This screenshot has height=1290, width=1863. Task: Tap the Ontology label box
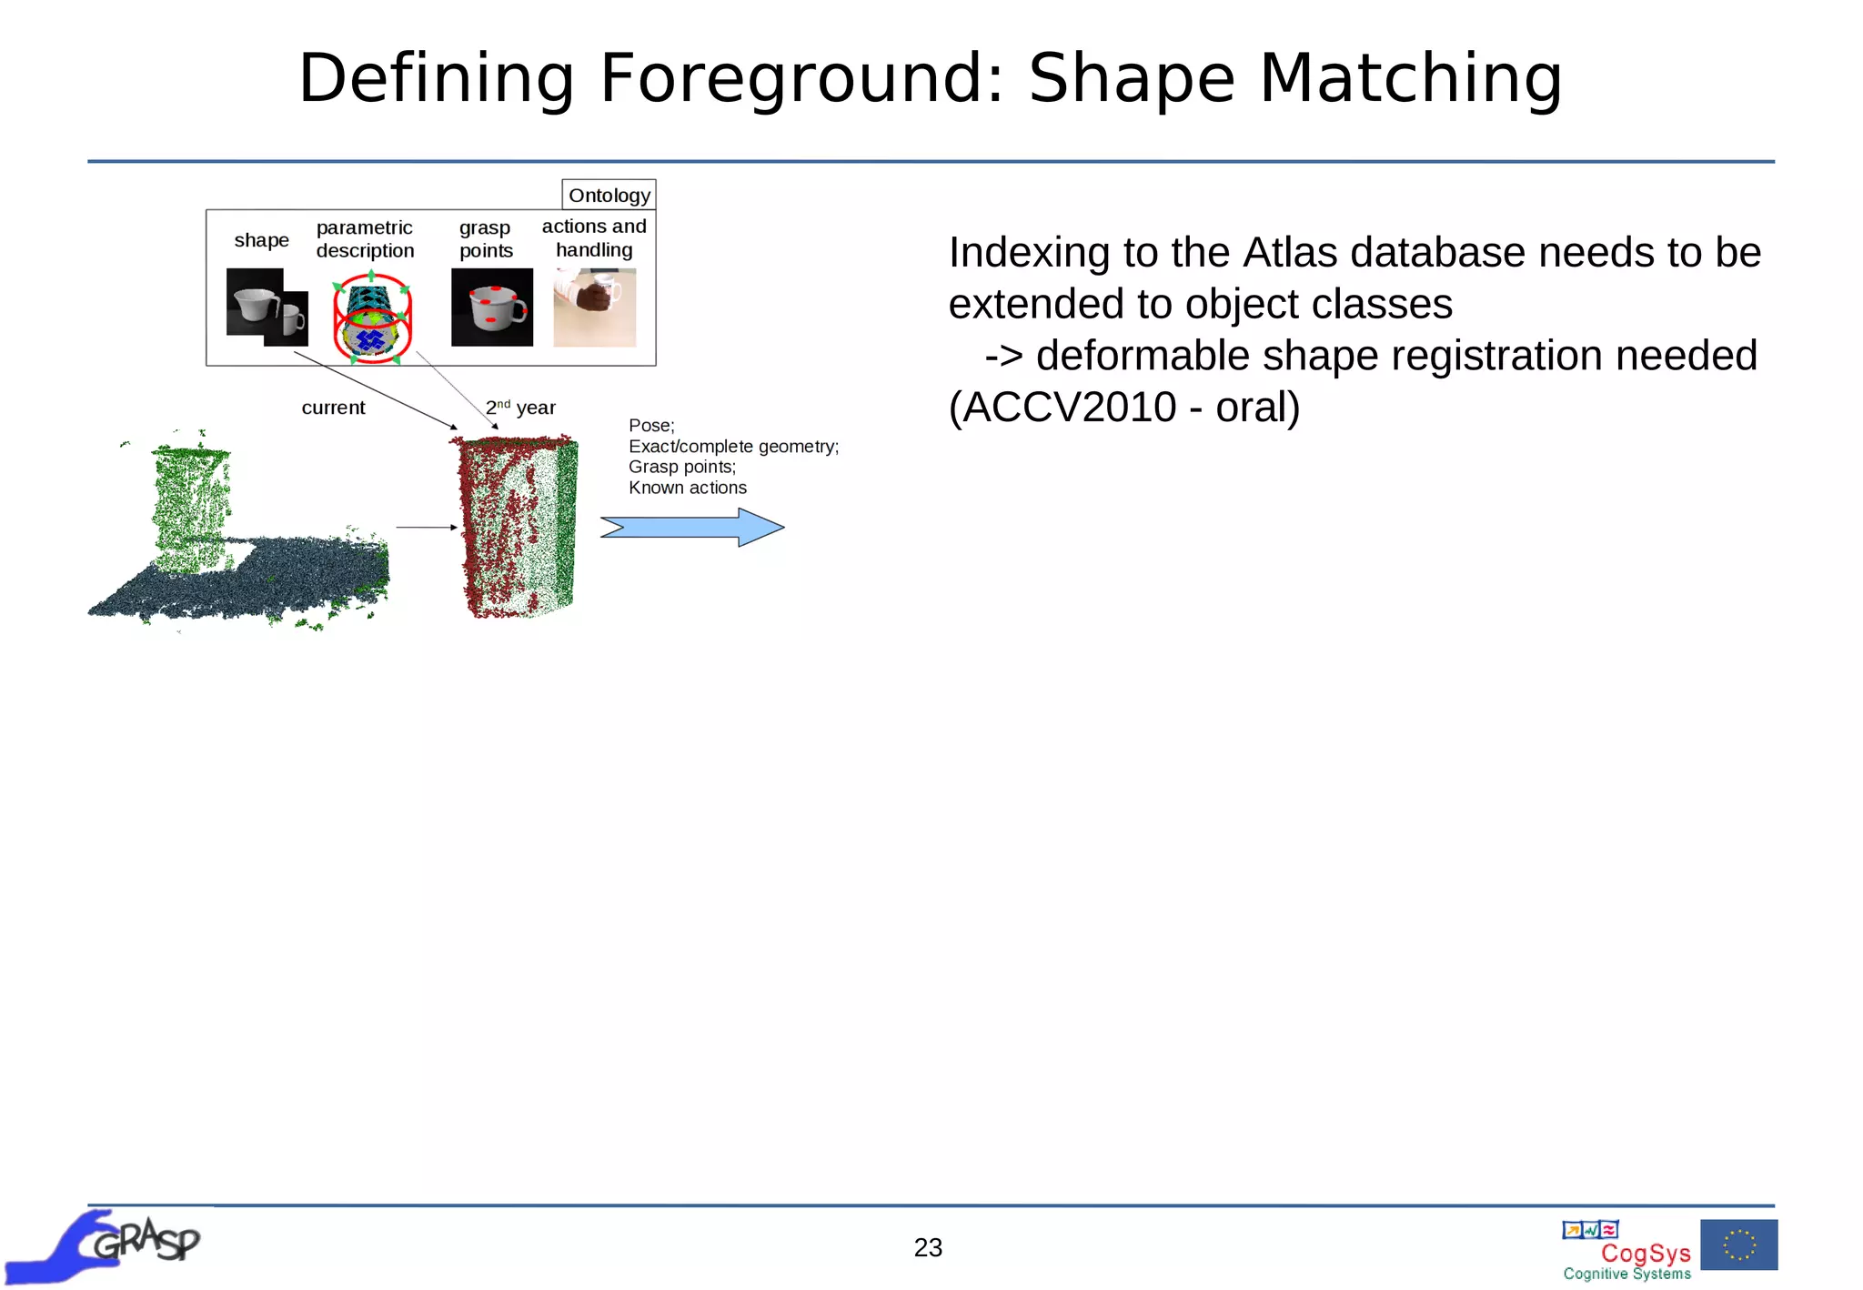tap(609, 195)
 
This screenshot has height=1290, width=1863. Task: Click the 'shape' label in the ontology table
tap(261, 240)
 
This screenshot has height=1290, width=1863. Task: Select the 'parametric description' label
tap(365, 238)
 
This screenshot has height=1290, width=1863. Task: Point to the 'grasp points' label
tap(486, 238)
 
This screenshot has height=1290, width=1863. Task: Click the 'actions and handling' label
tap(594, 237)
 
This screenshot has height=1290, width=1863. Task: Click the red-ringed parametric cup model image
tap(372, 317)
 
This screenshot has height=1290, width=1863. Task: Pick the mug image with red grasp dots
tap(492, 307)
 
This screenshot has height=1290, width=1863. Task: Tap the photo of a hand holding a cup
tap(594, 307)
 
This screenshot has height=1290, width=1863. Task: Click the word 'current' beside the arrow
tap(333, 408)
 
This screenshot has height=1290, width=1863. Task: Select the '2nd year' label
tap(520, 408)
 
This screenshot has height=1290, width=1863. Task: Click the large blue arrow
tap(692, 527)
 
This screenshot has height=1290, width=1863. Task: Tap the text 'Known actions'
tap(687, 488)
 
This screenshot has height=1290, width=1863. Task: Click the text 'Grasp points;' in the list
tap(681, 467)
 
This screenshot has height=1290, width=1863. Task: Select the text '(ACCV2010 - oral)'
tap(1123, 407)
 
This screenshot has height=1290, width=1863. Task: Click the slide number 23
tap(928, 1247)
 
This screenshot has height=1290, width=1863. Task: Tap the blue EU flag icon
tap(1738, 1245)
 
